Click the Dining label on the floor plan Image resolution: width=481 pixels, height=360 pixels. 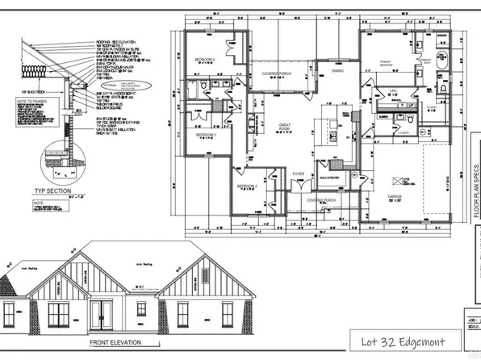(x=337, y=70)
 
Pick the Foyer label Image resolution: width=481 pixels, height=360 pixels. (x=298, y=172)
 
